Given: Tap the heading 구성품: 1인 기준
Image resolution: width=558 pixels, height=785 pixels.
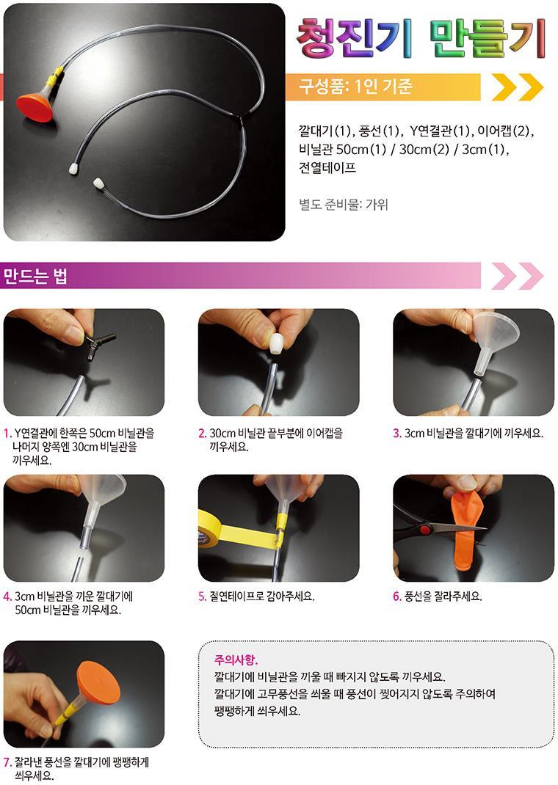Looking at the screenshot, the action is click(x=355, y=87).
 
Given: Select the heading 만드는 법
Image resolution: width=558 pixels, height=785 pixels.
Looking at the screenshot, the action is click(x=35, y=276).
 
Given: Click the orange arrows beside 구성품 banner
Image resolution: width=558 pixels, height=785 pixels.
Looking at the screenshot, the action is click(x=518, y=87).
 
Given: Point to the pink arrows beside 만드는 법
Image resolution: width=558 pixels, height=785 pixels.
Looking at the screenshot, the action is click(x=518, y=275).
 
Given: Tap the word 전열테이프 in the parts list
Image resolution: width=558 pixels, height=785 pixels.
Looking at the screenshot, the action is click(x=327, y=167).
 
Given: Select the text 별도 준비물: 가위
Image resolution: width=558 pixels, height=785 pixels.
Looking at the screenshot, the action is click(x=343, y=204).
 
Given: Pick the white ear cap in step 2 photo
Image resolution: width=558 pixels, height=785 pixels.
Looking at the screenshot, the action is click(x=275, y=344).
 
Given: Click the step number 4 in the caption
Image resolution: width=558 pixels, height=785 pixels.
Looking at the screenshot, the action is click(x=7, y=596).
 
